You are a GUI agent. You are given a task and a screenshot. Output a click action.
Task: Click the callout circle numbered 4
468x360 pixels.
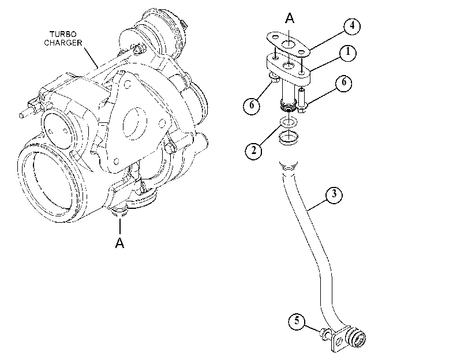click(x=352, y=27)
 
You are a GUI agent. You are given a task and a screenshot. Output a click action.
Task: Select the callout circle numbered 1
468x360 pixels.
click(x=348, y=53)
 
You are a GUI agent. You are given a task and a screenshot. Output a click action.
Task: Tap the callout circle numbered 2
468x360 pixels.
click(x=253, y=151)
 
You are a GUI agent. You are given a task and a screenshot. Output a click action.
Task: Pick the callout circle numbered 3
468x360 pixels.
click(x=334, y=195)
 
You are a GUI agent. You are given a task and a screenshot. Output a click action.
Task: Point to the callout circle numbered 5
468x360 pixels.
click(x=297, y=321)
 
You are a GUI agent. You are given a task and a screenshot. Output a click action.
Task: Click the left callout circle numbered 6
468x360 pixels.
click(x=252, y=106)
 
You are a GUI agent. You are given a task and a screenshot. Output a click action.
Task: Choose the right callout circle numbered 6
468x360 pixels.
click(x=343, y=82)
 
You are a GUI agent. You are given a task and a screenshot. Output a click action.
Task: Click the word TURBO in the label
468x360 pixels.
click(x=63, y=34)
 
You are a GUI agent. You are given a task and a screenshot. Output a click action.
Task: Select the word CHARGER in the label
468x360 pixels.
click(x=63, y=43)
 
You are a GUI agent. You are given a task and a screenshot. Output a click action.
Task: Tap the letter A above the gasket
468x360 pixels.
click(x=290, y=18)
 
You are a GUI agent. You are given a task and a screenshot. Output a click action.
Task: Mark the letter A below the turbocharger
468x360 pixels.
click(x=119, y=242)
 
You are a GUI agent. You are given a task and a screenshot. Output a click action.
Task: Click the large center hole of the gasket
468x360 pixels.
click(x=288, y=45)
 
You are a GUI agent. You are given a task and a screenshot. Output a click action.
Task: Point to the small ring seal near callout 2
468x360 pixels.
click(x=289, y=122)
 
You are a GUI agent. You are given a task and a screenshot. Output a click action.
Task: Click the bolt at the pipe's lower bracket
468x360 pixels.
click(x=325, y=333)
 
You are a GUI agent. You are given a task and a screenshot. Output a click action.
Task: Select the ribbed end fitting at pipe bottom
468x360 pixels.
click(x=357, y=339)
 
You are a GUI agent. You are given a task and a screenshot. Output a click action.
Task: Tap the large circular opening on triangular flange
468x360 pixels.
click(x=135, y=123)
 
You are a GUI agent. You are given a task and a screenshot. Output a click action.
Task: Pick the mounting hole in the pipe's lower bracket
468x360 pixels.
click(x=338, y=341)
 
